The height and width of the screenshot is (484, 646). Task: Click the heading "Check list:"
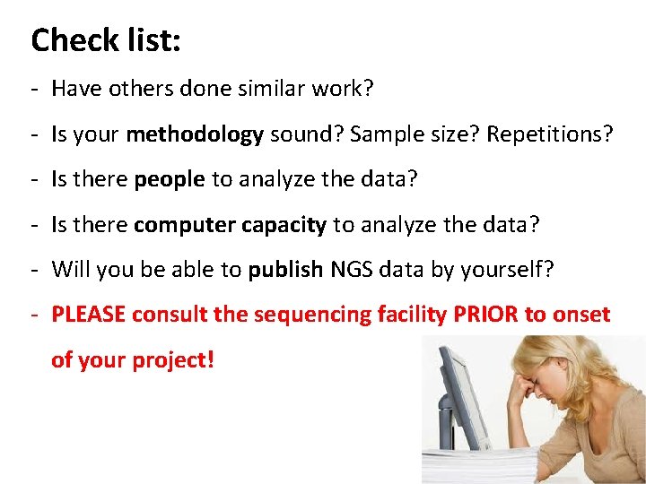106,40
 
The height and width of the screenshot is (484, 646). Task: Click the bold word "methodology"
195,135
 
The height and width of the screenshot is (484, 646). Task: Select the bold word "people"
169,180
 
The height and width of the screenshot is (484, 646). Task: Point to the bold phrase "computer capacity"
230,225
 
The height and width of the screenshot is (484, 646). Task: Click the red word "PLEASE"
91,315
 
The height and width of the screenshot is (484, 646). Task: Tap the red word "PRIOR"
487,315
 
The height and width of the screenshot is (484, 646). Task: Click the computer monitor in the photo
463,394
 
